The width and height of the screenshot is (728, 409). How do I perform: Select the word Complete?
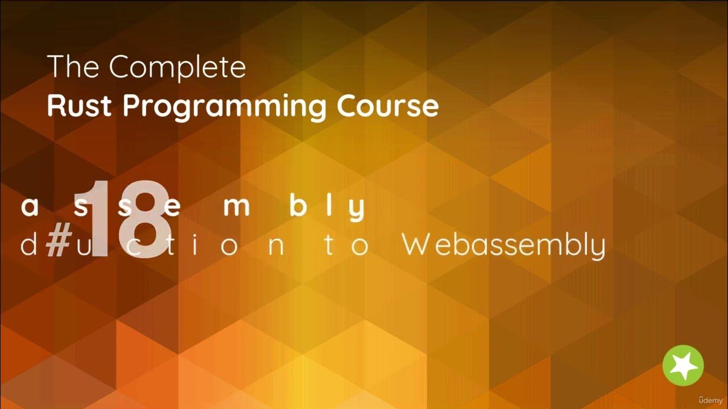(x=177, y=68)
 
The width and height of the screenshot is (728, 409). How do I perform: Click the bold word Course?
(x=387, y=106)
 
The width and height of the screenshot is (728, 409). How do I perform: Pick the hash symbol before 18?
(x=57, y=245)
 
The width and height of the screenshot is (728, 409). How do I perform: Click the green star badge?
(x=683, y=365)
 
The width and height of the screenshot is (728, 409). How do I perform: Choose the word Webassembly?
(x=503, y=246)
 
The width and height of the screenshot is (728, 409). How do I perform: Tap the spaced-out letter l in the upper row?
(x=328, y=207)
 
